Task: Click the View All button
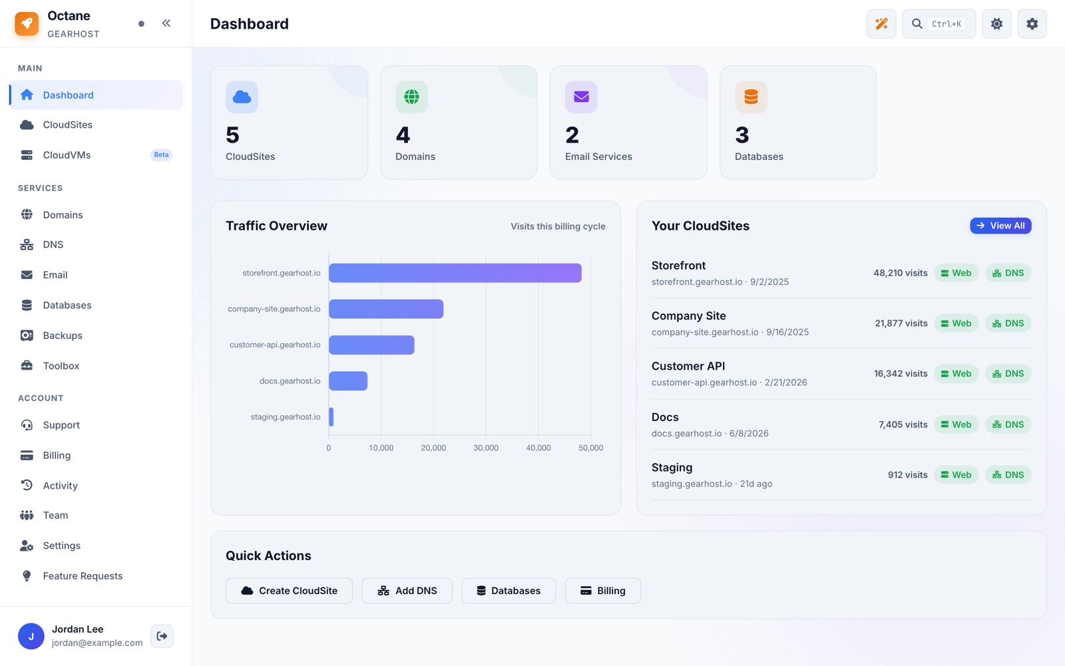coord(1000,226)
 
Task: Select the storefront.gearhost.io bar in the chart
coord(455,273)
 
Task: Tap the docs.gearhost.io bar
coord(348,380)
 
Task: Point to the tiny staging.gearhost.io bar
coord(331,417)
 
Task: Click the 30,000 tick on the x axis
coord(485,448)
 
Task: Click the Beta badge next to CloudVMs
coord(161,155)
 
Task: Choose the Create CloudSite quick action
coord(289,590)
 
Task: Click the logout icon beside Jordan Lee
coord(162,636)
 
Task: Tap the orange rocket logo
coord(27,23)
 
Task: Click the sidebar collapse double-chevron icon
coord(166,23)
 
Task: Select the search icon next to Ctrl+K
coord(917,24)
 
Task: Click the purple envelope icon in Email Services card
coord(581,97)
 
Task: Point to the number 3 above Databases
coord(742,135)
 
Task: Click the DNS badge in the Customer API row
coord(1008,374)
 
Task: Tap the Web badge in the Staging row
coord(956,475)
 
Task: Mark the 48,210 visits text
coord(901,273)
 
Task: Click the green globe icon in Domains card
coord(412,97)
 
